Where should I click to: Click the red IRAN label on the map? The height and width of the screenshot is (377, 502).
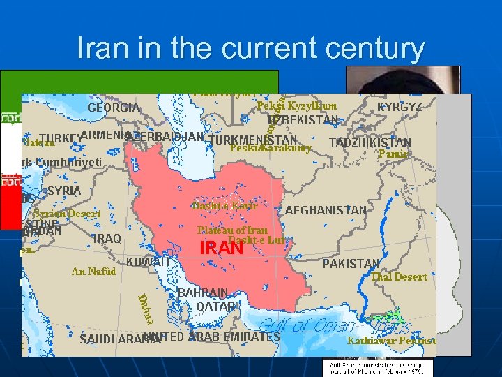point(222,248)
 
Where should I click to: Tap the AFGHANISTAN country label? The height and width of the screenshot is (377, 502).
point(326,210)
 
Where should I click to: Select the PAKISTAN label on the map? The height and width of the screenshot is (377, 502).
point(351,264)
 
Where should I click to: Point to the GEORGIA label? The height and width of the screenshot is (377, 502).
point(114,108)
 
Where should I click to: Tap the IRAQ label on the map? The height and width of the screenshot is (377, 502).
point(107,239)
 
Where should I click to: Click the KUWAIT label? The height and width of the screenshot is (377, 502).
point(148,262)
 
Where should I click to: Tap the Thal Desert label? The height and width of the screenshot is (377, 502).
point(399,277)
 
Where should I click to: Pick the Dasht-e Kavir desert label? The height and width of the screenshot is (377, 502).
point(225,206)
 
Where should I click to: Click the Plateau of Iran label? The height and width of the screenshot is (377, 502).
point(232,230)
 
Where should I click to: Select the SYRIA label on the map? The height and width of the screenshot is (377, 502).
point(63,191)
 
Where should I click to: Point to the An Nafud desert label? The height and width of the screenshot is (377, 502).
point(93,272)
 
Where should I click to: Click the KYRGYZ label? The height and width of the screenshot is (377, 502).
point(400,108)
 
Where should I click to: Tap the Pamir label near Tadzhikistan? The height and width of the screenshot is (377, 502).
point(393,154)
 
